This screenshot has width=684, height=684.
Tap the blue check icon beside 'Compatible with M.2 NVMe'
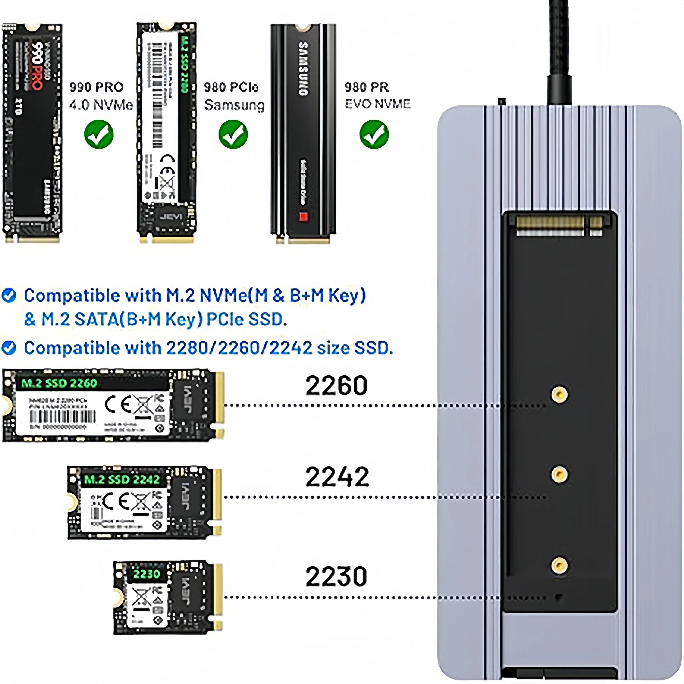tap(9, 295)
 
